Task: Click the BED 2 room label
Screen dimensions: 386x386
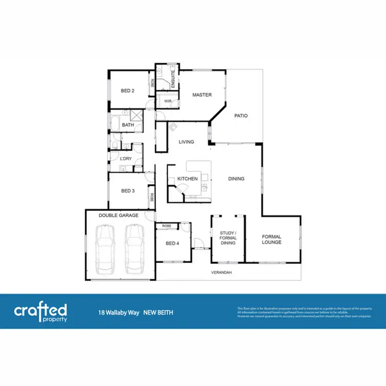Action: click(128, 91)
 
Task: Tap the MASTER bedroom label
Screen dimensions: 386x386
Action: click(202, 95)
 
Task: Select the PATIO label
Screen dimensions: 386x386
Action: click(241, 116)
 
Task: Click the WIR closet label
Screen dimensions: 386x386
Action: click(168, 101)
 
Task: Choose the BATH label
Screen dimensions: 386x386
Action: click(128, 125)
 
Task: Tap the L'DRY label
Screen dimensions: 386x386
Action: click(126, 158)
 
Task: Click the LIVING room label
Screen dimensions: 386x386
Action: click(186, 142)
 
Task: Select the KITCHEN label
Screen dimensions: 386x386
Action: click(187, 179)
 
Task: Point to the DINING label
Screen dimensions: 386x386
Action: click(236, 179)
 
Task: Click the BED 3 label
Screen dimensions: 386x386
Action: click(128, 191)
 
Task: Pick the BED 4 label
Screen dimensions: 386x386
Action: click(172, 243)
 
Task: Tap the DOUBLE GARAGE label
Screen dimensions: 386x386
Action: click(118, 216)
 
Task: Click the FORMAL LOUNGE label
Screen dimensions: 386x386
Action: click(271, 239)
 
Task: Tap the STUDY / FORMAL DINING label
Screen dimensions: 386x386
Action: click(227, 238)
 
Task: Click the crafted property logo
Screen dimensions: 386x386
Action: click(41, 311)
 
